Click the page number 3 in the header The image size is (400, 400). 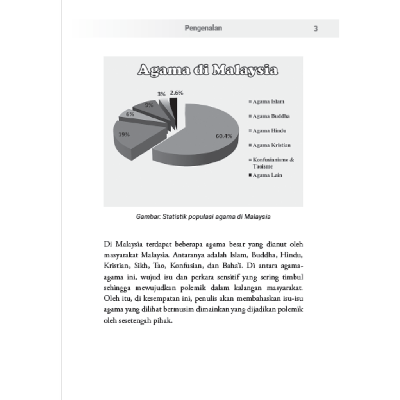[x=316, y=29]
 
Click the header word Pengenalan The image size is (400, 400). [x=203, y=28]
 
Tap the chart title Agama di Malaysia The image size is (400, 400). [x=207, y=71]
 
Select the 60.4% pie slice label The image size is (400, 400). [x=224, y=136]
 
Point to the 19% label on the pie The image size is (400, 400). [x=124, y=134]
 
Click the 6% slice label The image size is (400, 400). [x=130, y=114]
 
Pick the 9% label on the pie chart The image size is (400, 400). [x=149, y=105]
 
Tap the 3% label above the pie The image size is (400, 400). [x=161, y=94]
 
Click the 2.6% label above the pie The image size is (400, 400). [x=177, y=93]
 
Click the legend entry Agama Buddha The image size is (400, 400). [x=271, y=116]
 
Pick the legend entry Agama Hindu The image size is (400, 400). [x=269, y=131]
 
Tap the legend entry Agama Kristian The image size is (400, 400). [x=271, y=145]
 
